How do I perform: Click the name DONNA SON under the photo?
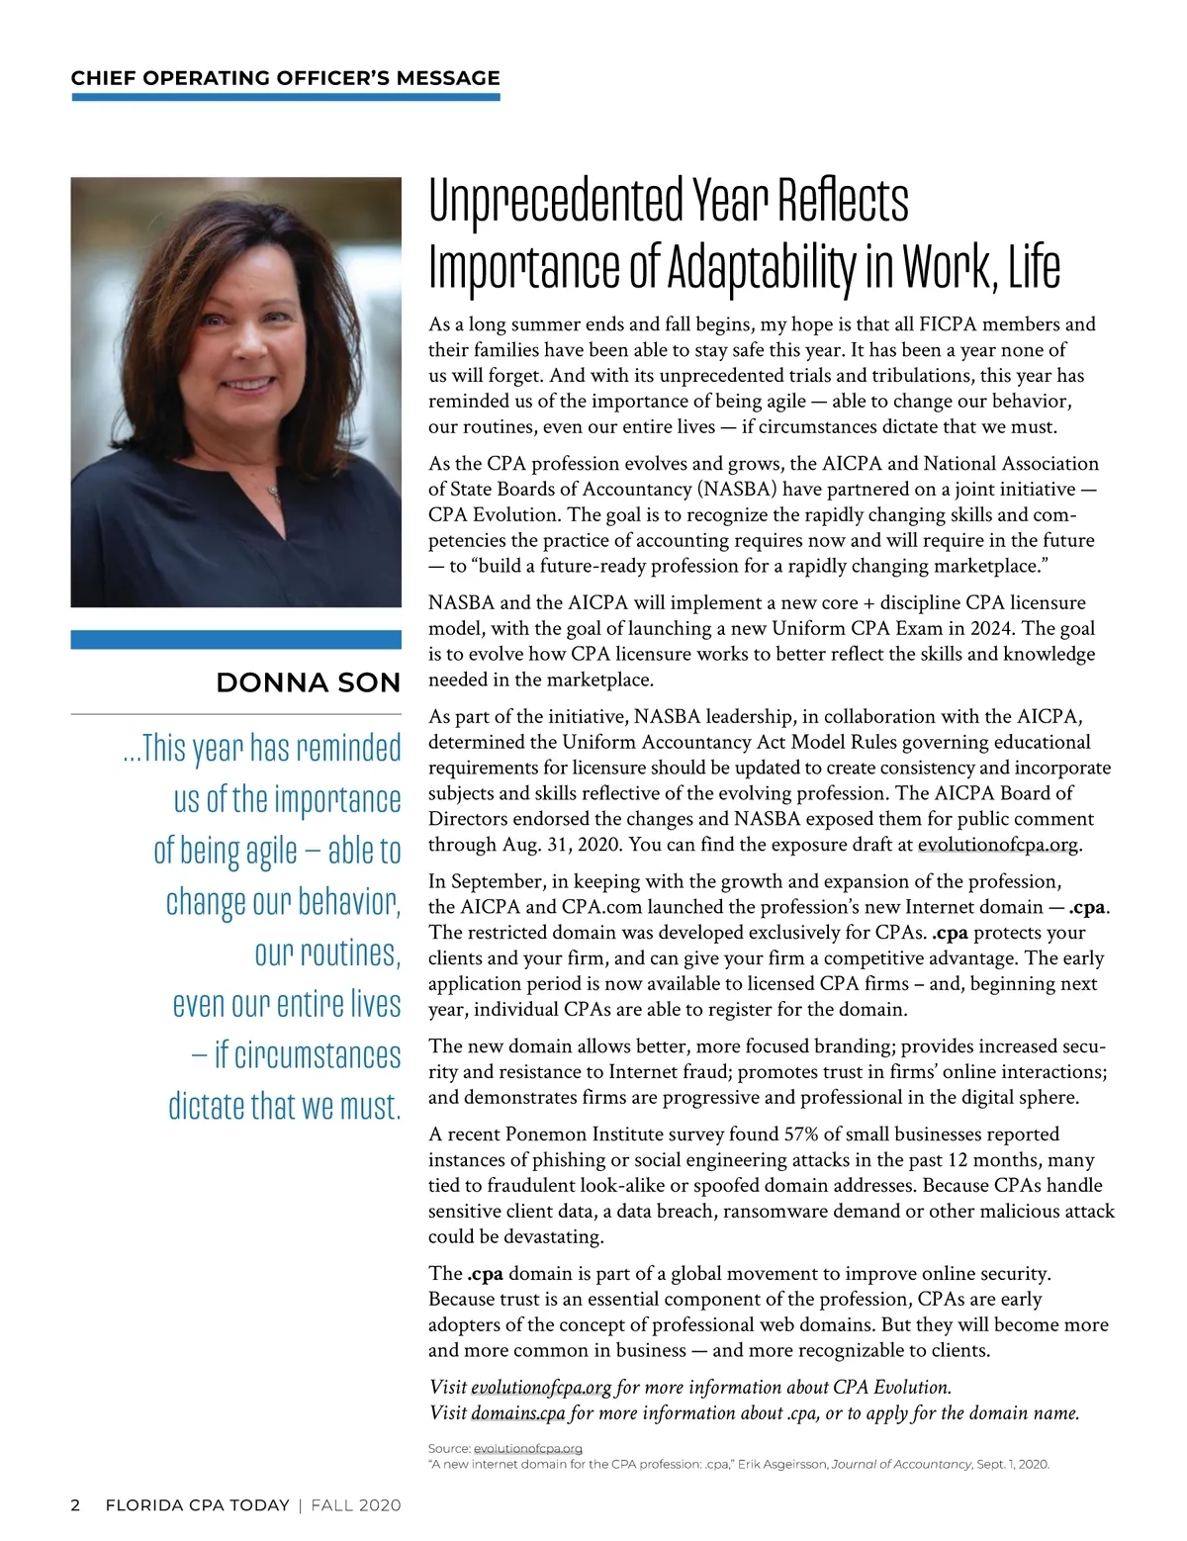point(308,682)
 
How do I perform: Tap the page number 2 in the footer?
point(75,1505)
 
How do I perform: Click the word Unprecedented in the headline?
point(557,202)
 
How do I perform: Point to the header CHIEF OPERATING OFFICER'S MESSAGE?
point(285,78)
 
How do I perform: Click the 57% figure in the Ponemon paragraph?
point(801,1134)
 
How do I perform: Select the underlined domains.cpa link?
point(518,1413)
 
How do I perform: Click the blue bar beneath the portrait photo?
point(235,640)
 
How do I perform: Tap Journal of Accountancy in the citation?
point(902,1464)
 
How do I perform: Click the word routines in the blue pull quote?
point(326,953)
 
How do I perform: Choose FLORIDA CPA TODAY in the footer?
point(197,1505)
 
